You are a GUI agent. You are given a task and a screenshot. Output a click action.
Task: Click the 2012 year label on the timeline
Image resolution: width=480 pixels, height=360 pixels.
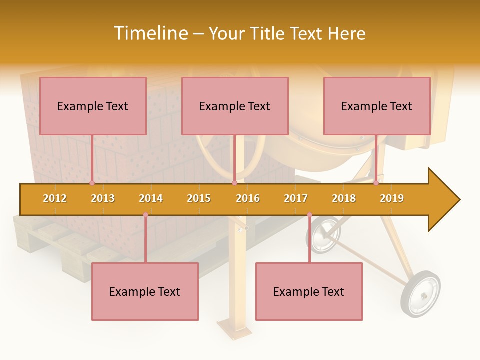(x=55, y=198)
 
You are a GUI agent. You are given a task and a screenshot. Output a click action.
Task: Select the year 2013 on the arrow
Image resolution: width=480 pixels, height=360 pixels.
(x=103, y=198)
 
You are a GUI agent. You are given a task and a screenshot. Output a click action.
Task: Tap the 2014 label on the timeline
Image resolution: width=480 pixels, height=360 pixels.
(x=151, y=198)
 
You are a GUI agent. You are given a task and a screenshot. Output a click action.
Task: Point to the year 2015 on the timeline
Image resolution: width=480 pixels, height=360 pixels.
(x=199, y=198)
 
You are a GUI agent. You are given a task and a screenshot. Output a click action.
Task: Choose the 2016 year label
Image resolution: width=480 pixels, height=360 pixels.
(x=248, y=198)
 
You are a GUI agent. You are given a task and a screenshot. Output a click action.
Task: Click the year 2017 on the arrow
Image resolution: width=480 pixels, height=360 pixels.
(x=296, y=198)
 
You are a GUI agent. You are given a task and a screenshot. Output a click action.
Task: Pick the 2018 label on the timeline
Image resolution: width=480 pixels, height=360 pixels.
(x=344, y=198)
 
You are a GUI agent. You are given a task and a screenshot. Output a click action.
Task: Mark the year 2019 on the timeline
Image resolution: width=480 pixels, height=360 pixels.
(x=392, y=198)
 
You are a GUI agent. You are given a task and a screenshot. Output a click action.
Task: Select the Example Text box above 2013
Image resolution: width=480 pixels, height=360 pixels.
(x=93, y=106)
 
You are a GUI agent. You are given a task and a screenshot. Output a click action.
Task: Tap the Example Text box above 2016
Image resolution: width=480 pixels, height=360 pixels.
(x=235, y=106)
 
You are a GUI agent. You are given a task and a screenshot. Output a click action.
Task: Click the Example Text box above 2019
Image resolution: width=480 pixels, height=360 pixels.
(x=377, y=106)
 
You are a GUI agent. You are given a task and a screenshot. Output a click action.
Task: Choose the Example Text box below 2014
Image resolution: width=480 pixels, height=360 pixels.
(x=145, y=291)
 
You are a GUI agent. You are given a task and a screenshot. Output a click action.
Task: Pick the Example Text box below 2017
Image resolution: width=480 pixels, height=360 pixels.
(x=309, y=291)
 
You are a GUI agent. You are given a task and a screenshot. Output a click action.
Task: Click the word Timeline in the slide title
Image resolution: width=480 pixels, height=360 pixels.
(x=149, y=33)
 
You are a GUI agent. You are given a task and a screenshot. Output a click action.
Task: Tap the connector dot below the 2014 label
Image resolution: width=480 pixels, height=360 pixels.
(x=145, y=215)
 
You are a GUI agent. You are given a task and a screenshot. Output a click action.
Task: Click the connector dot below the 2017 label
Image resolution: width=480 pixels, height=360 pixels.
(x=309, y=215)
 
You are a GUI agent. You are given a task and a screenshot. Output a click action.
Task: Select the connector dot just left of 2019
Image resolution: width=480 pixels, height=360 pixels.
(x=376, y=183)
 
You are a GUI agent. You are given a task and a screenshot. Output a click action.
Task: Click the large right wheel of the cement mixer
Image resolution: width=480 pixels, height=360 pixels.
(x=420, y=293)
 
